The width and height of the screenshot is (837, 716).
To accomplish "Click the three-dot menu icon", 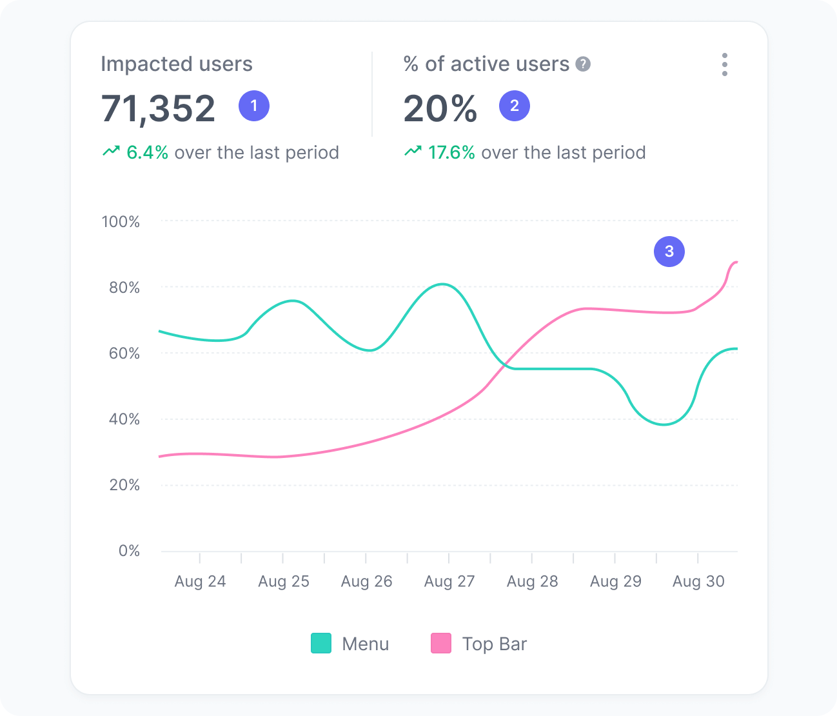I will coord(725,65).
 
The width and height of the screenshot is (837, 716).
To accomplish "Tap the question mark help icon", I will coord(583,65).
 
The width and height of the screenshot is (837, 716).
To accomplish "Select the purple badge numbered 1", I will coord(254,106).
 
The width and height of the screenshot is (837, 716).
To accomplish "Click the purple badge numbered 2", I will coord(515,106).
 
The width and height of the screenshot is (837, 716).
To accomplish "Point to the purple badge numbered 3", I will coord(669,252).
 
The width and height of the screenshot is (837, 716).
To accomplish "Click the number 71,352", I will coord(158,108).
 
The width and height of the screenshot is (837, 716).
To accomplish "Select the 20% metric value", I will coord(440,108).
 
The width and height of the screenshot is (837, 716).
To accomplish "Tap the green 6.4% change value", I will coord(147,153).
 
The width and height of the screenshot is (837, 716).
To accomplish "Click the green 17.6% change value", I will coord(451,153).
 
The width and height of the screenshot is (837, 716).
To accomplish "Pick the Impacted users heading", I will coord(177,64).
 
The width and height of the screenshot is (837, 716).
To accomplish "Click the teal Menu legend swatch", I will coord(321,644).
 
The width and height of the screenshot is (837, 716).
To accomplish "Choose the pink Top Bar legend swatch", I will coord(441,644).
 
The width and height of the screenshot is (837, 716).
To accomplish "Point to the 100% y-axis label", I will coord(121,222).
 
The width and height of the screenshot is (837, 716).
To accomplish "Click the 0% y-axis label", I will coord(129,551).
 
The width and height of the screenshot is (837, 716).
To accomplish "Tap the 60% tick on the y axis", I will coord(124,353).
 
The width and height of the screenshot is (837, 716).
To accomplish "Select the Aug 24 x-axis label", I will coord(200,581).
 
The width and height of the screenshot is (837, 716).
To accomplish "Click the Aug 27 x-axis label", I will coord(449,581).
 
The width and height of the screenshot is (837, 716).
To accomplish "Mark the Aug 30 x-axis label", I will coord(698,581).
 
